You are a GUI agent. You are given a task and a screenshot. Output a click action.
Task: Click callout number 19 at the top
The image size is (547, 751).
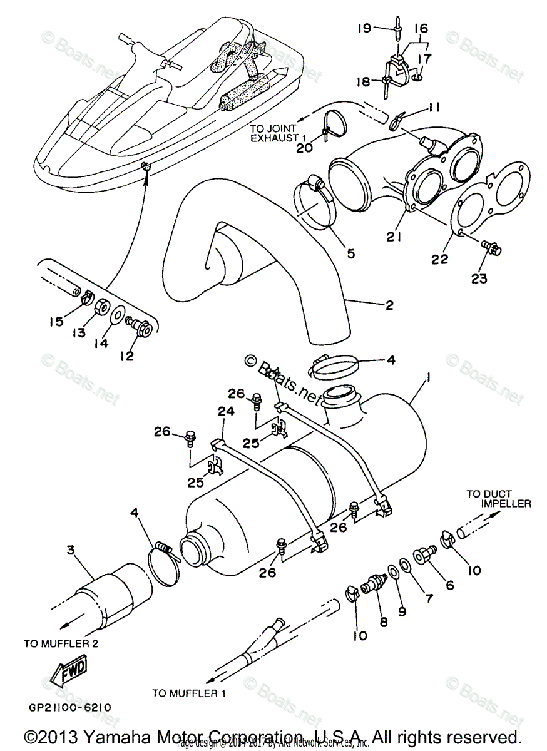[365, 28]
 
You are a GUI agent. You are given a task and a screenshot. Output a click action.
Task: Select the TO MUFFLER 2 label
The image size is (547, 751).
[60, 643]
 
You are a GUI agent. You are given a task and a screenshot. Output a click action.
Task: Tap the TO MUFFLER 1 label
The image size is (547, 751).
[188, 693]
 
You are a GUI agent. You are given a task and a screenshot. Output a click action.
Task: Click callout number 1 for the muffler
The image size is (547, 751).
[428, 377]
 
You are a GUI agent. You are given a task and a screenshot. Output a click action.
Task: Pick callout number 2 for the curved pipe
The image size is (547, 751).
[389, 305]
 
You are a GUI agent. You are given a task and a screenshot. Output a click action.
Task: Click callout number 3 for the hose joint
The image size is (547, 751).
[71, 550]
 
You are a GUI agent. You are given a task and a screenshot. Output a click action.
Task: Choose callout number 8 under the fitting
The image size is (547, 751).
[384, 621]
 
